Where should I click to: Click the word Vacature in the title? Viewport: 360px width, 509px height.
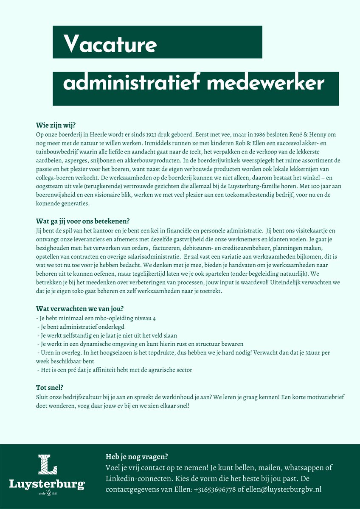(110, 44)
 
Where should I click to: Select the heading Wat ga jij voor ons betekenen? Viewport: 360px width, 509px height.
(82, 221)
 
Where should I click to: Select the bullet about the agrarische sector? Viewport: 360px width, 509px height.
(115, 370)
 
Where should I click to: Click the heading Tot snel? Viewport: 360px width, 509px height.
(50, 387)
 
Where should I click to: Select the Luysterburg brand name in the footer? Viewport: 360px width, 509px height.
(47, 484)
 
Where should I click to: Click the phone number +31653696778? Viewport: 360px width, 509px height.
(215, 489)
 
